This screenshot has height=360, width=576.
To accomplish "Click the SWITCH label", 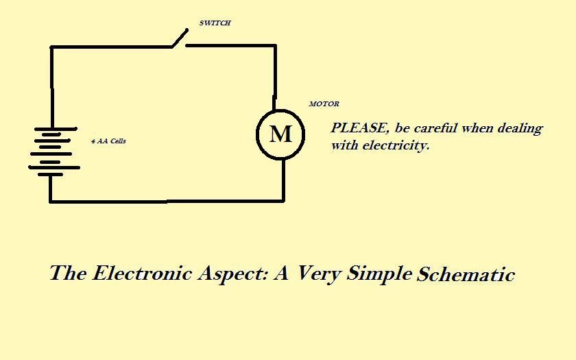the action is click(x=215, y=23).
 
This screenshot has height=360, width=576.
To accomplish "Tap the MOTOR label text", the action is click(x=324, y=104).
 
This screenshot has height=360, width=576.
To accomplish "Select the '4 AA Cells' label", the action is click(x=108, y=141).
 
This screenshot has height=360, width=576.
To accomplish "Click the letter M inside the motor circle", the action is click(x=280, y=134).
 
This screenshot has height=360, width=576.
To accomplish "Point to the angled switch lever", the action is click(x=180, y=38).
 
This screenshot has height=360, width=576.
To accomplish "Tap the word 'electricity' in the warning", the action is click(x=396, y=145).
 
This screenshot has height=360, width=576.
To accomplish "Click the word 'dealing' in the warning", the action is click(x=520, y=129).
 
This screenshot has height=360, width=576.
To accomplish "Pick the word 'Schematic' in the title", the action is click(x=466, y=274).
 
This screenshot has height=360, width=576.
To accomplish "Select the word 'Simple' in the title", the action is click(x=379, y=274).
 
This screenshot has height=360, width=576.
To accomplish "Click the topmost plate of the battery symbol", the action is click(x=56, y=129).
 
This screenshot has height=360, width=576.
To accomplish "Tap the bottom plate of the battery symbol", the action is click(x=50, y=174).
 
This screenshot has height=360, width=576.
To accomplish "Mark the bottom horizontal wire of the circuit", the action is click(x=167, y=202).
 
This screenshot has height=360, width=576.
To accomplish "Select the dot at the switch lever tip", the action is click(x=187, y=29).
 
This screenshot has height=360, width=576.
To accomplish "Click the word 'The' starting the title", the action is click(x=68, y=273).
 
